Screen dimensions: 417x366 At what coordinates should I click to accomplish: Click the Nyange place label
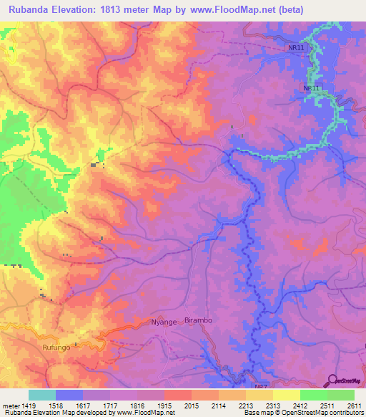tap(164, 322)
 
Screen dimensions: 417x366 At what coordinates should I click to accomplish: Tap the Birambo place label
tap(199, 320)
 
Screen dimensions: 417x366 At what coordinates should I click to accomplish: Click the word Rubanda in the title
tap(29, 10)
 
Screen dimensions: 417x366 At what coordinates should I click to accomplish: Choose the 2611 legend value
tap(354, 405)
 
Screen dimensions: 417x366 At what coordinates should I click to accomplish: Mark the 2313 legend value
tap(262, 405)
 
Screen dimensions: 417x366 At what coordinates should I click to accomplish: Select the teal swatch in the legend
tap(42, 395)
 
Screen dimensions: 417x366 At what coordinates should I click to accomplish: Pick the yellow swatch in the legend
tap(286, 395)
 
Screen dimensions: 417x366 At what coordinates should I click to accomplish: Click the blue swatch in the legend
tap(69, 395)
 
